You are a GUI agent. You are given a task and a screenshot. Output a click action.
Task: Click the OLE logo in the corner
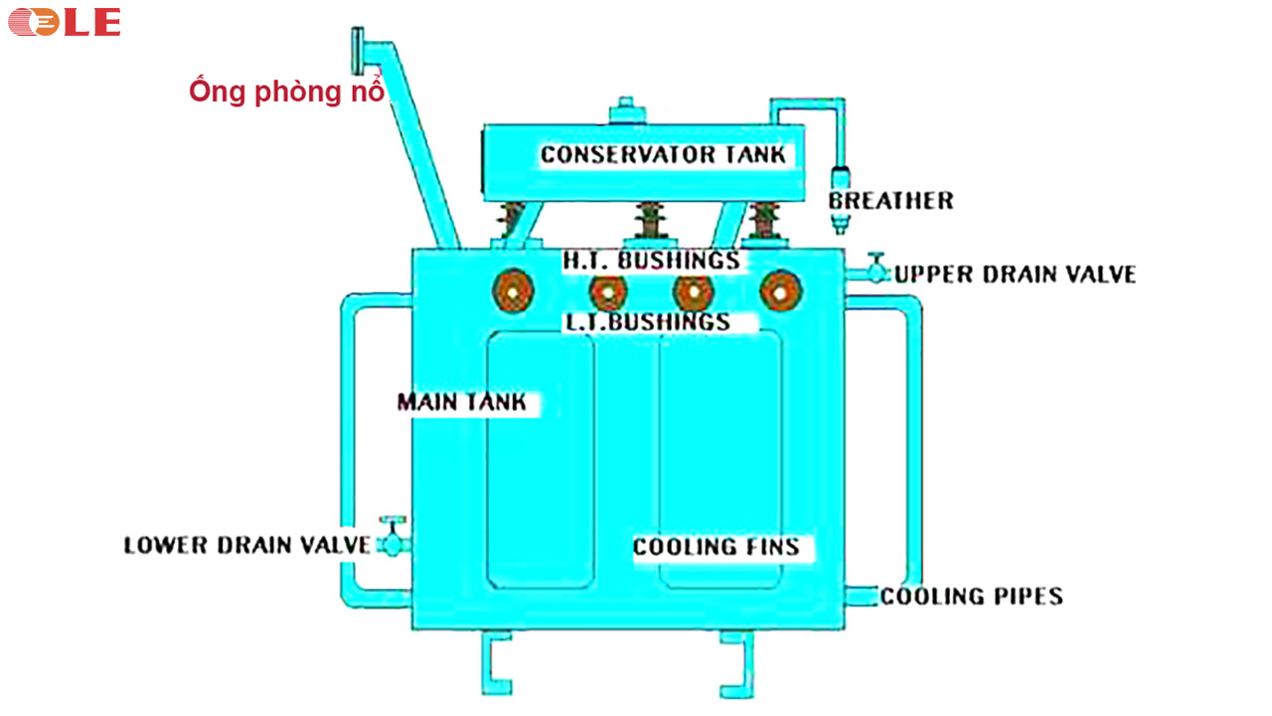click(x=65, y=21)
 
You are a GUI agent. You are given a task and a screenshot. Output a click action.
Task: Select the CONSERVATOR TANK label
click(x=662, y=154)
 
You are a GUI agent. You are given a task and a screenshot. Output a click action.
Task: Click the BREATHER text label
click(x=890, y=201)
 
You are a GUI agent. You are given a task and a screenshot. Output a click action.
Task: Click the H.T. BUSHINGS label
click(x=652, y=261)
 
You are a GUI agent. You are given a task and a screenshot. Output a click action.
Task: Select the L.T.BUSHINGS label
click(x=647, y=322)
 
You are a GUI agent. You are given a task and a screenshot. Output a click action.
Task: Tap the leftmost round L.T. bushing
click(x=513, y=291)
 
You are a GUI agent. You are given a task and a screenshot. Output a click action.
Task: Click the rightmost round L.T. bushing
click(x=780, y=292)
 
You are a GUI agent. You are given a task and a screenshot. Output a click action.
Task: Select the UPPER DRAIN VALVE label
click(x=1015, y=274)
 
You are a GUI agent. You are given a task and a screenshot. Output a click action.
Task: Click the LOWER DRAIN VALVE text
click(x=246, y=545)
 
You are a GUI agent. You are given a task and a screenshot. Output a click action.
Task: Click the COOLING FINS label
click(x=715, y=547)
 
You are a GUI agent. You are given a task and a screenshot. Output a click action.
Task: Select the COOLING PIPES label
click(x=971, y=596)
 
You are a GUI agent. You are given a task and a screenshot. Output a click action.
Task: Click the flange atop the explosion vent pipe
click(x=357, y=48)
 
